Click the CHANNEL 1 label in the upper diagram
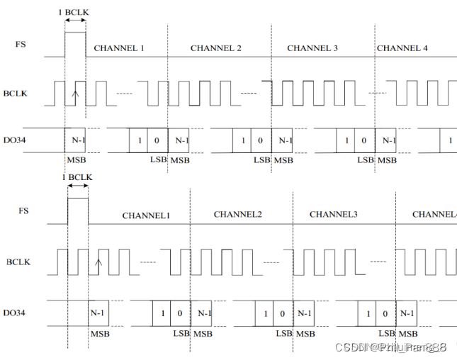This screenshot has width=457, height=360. pos(119,48)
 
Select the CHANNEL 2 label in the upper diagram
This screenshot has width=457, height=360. pos(216,48)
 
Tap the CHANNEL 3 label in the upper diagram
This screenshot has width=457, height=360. pos(312,48)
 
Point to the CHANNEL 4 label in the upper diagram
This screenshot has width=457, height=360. pos(402,48)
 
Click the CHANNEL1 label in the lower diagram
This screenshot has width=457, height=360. pos(146,215)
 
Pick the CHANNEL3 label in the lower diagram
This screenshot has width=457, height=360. pos(334,214)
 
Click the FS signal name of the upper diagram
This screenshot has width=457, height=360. pos(22,44)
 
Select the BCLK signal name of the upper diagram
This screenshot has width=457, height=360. pos(16,93)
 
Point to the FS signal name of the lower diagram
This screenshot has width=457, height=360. pos(24,210)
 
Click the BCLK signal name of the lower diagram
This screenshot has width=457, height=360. pos(19,263)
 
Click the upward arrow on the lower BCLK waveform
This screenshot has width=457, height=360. pos(98,266)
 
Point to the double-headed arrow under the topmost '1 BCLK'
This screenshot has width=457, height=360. pos(75,21)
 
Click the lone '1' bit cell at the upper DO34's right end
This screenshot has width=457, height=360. pos(450,140)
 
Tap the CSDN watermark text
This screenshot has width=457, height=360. pos(390,347)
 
